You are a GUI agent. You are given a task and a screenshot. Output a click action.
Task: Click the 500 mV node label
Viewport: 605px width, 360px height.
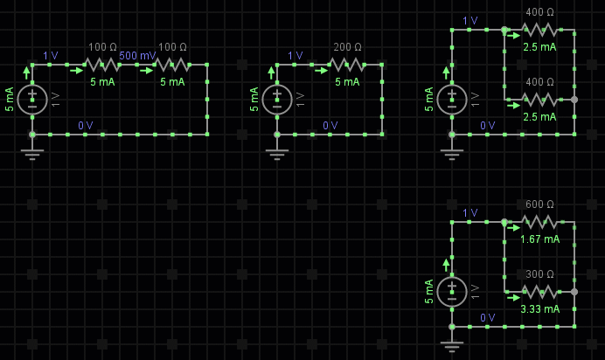click(138, 55)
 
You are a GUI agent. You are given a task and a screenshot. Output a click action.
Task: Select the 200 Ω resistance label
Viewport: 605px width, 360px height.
click(347, 47)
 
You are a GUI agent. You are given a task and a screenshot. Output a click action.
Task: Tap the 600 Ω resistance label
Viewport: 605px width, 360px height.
click(539, 204)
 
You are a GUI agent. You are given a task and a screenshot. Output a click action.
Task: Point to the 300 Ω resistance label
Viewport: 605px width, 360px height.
click(539, 274)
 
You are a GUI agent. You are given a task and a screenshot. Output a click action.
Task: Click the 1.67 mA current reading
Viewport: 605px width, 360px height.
click(539, 239)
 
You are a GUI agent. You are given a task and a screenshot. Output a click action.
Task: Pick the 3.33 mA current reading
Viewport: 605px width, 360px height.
click(539, 308)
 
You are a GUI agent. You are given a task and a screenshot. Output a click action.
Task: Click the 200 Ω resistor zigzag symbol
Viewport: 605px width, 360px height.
click(347, 65)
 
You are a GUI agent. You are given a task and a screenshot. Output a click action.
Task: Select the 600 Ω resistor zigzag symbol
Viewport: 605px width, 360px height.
click(539, 222)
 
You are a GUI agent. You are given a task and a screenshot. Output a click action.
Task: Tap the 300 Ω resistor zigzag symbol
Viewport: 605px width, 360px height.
click(539, 292)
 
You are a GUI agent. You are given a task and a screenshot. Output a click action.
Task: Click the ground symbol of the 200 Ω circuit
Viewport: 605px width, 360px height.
click(277, 154)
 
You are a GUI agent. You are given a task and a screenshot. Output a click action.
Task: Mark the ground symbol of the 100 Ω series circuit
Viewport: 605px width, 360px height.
click(32, 154)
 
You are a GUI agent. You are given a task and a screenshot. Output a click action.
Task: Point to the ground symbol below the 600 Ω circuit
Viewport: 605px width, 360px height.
click(452, 345)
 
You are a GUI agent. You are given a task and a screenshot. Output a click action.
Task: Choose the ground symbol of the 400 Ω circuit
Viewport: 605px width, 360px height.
click(452, 154)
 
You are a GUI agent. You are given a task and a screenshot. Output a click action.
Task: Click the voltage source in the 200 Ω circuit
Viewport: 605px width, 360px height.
click(277, 99)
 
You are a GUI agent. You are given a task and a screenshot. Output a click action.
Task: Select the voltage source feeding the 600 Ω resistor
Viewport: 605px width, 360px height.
click(452, 291)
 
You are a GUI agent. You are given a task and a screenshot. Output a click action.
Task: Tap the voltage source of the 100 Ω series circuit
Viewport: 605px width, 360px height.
click(32, 99)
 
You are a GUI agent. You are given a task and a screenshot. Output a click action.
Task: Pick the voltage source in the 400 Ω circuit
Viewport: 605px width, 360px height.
click(452, 99)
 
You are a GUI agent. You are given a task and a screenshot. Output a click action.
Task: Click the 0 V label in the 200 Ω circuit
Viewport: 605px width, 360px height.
click(330, 126)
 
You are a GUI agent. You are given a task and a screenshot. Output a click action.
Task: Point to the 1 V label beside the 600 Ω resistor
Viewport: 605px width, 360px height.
click(469, 212)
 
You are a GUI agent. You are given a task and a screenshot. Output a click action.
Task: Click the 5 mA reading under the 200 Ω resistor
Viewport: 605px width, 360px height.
click(347, 81)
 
